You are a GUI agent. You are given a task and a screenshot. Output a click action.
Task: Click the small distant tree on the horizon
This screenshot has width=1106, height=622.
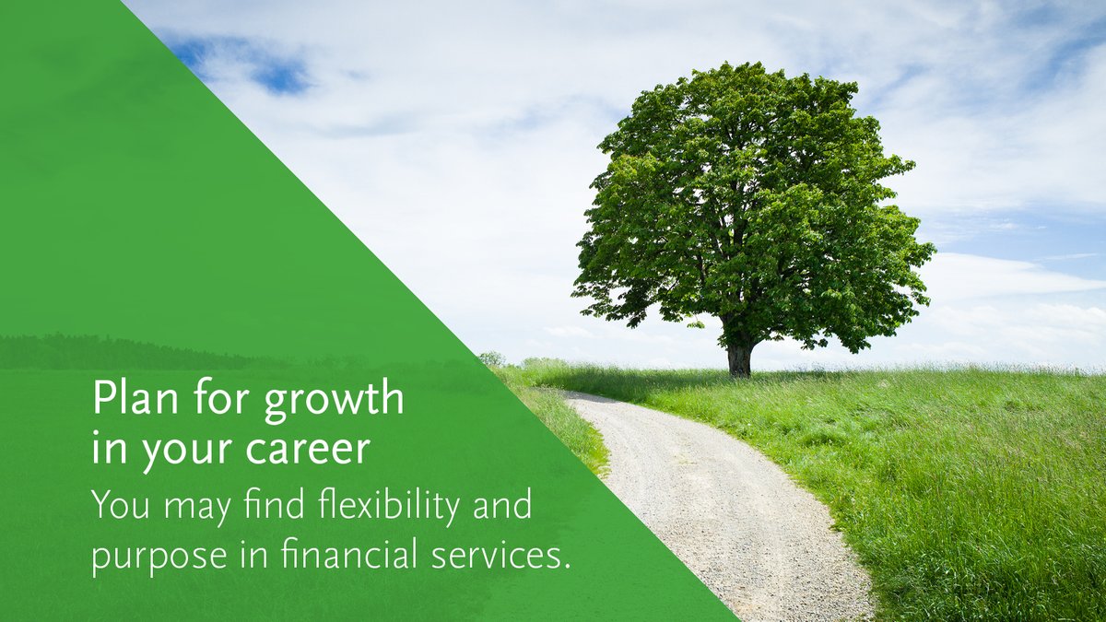tap(491, 358)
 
